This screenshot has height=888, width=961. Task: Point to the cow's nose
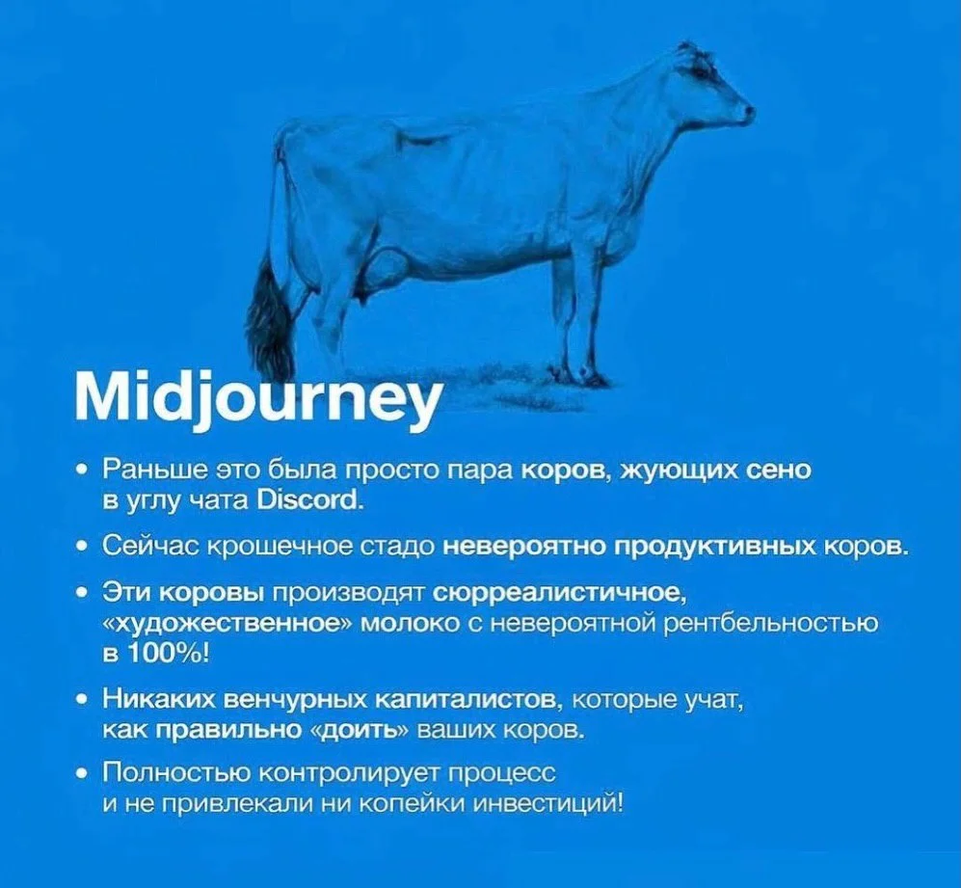748,112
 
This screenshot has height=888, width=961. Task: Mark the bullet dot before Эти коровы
82,593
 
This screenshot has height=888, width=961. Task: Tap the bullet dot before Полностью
82,772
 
